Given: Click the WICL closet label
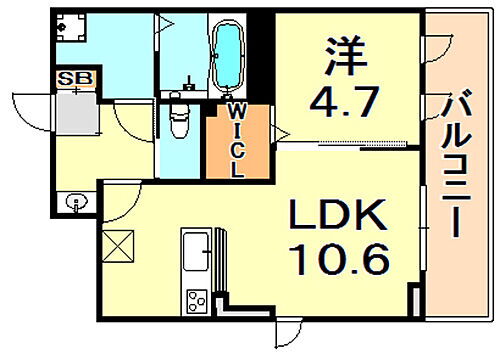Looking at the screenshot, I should [x=236, y=140].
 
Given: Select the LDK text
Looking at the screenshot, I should [x=336, y=214].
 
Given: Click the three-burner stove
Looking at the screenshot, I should [x=196, y=299].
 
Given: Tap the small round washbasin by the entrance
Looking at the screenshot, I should [x=77, y=203].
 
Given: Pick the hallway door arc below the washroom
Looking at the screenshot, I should [x=125, y=120].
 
